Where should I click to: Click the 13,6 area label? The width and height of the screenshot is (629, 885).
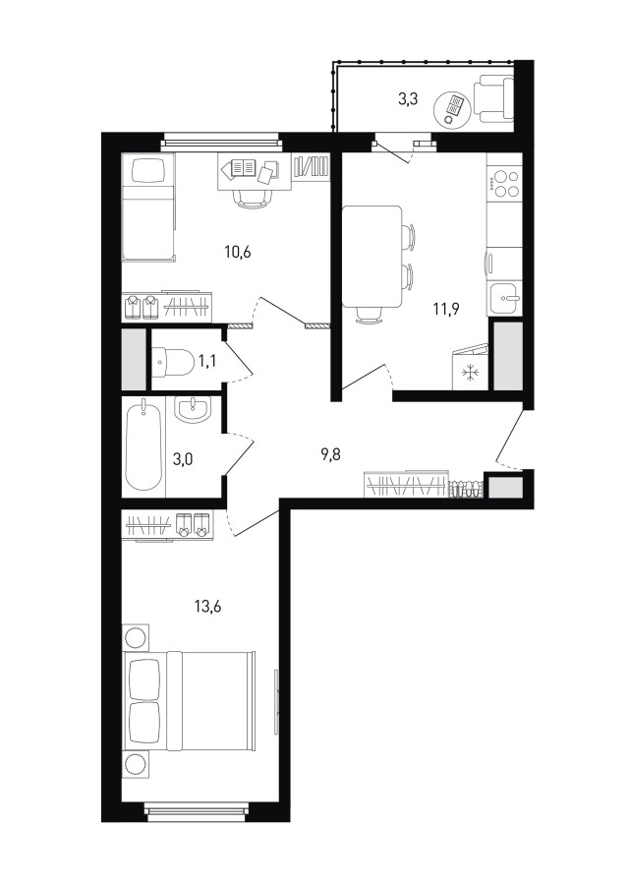pyautogui.click(x=207, y=608)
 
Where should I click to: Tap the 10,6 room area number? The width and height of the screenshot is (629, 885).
pyautogui.click(x=237, y=253)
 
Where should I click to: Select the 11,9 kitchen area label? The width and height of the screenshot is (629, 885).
pyautogui.click(x=446, y=309)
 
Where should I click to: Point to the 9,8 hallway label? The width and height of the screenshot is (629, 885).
pyautogui.click(x=332, y=453)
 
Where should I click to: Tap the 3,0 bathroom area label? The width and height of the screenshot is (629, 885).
pyautogui.click(x=183, y=459)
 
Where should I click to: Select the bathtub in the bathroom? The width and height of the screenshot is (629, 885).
pyautogui.click(x=143, y=444)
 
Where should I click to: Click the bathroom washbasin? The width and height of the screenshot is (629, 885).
pyautogui.click(x=193, y=409)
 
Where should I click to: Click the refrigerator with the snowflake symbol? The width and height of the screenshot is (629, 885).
pyautogui.click(x=470, y=368)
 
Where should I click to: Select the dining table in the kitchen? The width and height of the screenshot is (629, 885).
pyautogui.click(x=372, y=257)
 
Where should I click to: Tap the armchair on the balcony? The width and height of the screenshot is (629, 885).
pyautogui.click(x=493, y=100)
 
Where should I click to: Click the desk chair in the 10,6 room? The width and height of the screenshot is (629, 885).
pyautogui.click(x=253, y=198)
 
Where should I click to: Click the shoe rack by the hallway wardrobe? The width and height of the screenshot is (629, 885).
pyautogui.click(x=466, y=489)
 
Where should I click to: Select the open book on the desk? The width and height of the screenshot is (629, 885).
pyautogui.click(x=243, y=167)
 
